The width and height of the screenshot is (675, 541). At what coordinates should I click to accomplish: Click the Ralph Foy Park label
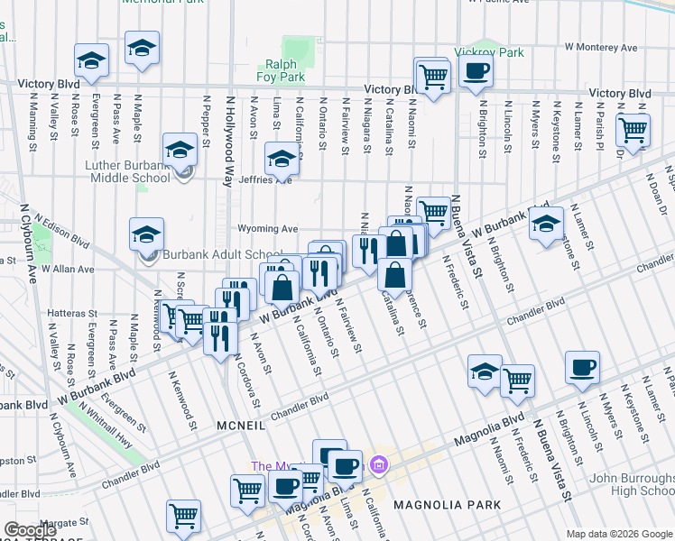pyautogui.click(x=287, y=70)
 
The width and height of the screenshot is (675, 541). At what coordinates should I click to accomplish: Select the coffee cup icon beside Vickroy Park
pyautogui.click(x=476, y=70)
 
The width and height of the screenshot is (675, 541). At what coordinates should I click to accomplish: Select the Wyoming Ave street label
pyautogui.click(x=268, y=229)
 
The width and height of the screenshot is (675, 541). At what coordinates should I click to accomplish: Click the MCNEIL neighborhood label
pyautogui.click(x=239, y=423)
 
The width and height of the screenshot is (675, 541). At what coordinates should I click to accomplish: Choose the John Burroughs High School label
pyautogui.click(x=631, y=484)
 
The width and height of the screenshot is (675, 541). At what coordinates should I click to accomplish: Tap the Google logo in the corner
pyautogui.click(x=30, y=530)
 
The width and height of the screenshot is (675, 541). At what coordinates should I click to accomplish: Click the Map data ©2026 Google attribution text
pyautogui.click(x=619, y=534)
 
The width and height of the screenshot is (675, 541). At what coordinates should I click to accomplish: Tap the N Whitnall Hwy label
pyautogui.click(x=105, y=425)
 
